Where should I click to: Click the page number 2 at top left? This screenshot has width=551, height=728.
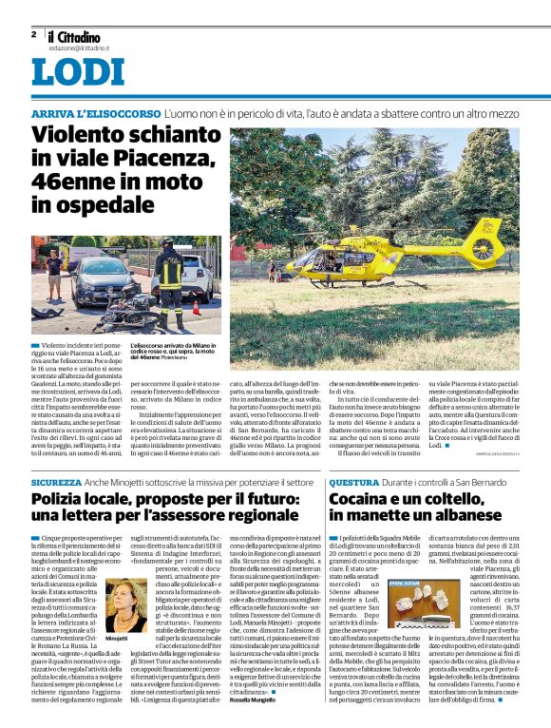click(x=34, y=34)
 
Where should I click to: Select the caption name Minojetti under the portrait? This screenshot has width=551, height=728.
click(x=118, y=640)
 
